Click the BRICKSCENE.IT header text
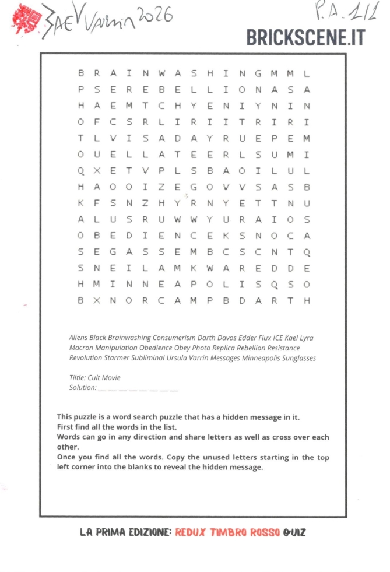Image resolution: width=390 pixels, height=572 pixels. click(x=305, y=37)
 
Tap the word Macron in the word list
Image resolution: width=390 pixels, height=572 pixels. click(x=82, y=348)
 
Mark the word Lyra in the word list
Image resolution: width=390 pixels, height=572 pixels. click(x=306, y=338)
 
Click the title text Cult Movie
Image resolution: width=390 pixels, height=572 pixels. click(x=104, y=377)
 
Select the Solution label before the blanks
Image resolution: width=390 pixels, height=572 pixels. click(x=82, y=387)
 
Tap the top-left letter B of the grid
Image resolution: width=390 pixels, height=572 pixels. click(x=80, y=73)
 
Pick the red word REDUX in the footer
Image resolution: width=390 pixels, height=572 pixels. click(x=189, y=532)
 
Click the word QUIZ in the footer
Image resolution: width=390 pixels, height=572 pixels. click(x=294, y=532)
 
